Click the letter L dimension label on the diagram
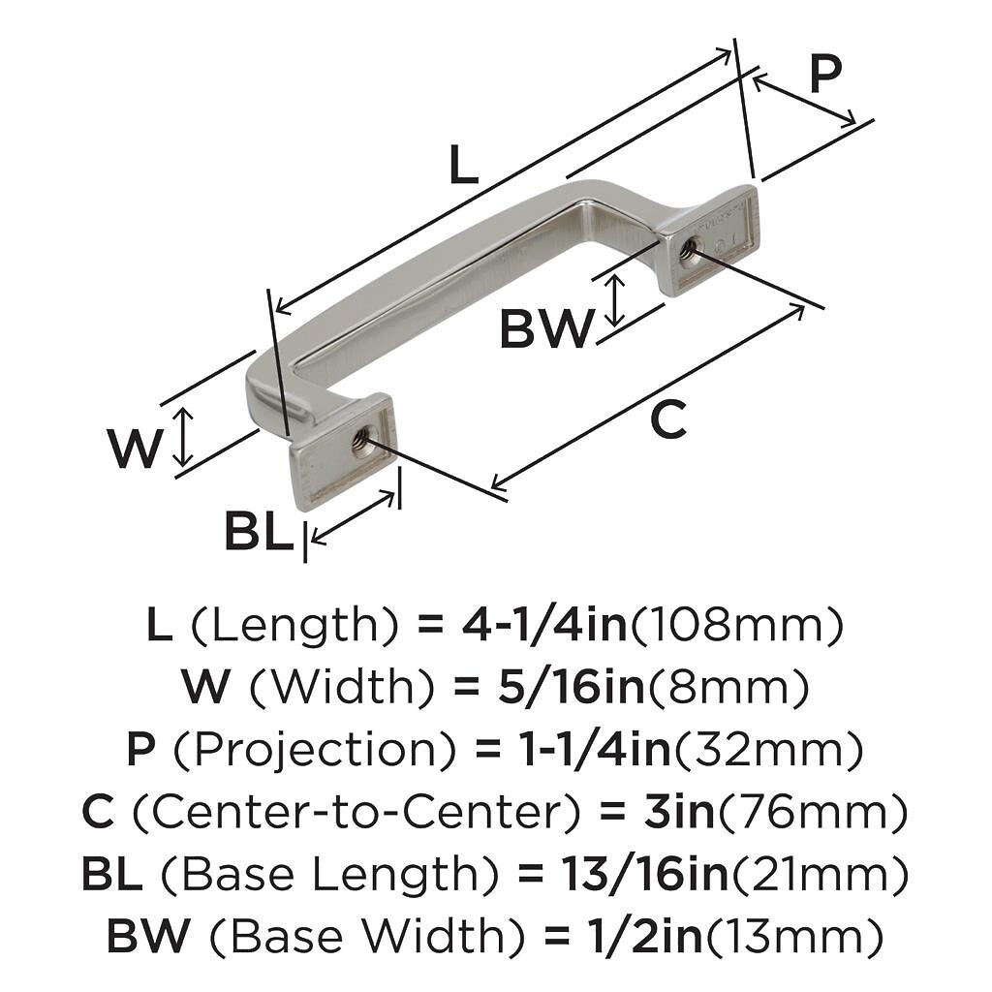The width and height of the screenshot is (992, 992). point(463,165)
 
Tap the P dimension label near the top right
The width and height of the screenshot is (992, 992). point(825,74)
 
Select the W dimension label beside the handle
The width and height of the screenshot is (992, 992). point(136,448)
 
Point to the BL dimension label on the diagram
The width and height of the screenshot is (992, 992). point(260,532)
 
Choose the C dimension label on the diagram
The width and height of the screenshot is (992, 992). point(668,419)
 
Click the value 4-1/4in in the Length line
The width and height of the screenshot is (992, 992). point(544,625)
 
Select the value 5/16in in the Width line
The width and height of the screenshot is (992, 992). point(571,687)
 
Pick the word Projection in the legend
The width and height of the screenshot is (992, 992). point(315,751)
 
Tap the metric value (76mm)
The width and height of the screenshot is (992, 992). point(812,813)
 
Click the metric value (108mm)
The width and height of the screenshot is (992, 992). point(737,625)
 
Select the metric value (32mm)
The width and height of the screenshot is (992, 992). point(768,751)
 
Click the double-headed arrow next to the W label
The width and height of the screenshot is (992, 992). point(183,437)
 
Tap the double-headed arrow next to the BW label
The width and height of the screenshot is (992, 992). point(614,300)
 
